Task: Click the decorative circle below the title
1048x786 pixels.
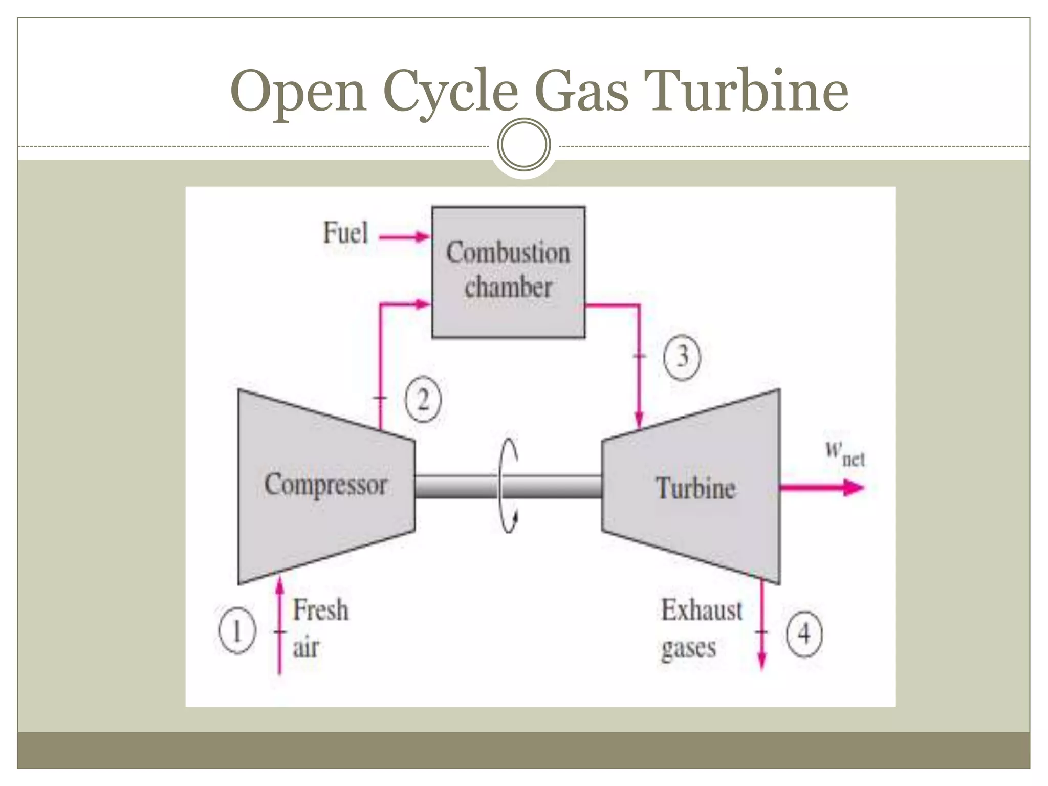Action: [x=524, y=144]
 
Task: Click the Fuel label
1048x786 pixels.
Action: [x=345, y=233]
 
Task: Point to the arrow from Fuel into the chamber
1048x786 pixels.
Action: [x=404, y=237]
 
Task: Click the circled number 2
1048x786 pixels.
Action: [x=423, y=400]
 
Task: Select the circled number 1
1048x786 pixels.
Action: [x=236, y=630]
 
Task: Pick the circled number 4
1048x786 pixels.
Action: [x=804, y=634]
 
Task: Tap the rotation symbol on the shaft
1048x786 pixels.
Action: [x=508, y=486]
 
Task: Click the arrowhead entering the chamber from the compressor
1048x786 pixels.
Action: [x=423, y=305]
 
